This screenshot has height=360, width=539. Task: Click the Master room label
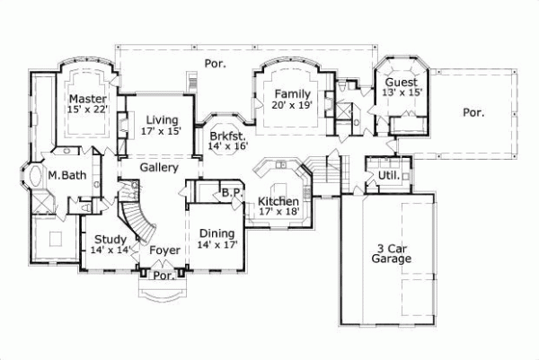coord(87,98)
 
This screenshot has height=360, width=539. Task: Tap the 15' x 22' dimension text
coord(87,110)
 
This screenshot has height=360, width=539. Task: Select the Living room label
coord(161,119)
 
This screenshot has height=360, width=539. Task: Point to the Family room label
coord(293,93)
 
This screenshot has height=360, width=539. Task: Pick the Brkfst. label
coord(227,135)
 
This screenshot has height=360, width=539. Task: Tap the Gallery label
coord(160,167)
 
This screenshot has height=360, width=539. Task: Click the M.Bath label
coord(67,175)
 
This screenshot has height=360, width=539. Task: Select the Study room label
coord(109,239)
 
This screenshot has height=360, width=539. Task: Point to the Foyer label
coord(164,250)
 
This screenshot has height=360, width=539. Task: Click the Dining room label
coord(216,232)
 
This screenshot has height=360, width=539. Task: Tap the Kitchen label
coord(278,201)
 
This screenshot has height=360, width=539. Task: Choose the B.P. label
coord(230,192)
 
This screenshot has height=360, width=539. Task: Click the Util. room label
coord(388,176)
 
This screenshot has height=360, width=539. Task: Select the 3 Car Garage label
coord(391,252)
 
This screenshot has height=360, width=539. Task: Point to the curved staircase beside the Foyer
coord(132,215)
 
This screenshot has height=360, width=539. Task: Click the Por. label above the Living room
coord(214,64)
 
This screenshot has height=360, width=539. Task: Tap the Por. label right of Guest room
coord(473,113)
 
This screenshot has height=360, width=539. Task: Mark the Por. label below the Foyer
coord(163,277)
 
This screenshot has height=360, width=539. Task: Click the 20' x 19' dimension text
coord(293,105)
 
